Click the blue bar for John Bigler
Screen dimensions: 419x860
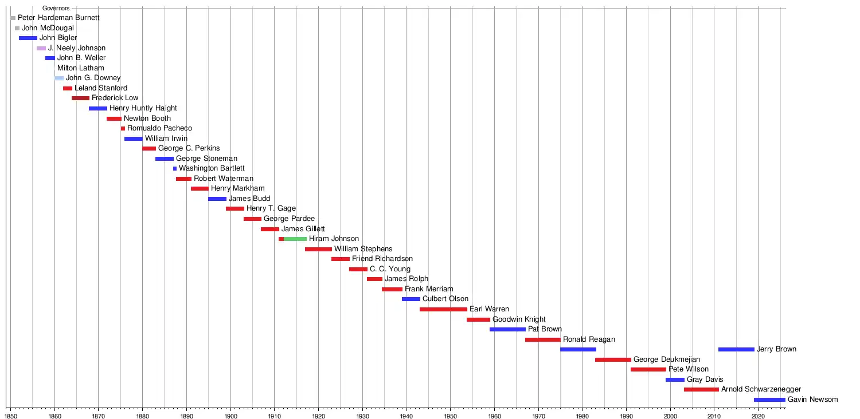point(28,38)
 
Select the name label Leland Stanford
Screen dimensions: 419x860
point(101,88)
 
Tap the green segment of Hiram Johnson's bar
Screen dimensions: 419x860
point(295,239)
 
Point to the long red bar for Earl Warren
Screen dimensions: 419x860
point(443,309)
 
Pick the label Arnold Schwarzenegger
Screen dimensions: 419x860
point(761,389)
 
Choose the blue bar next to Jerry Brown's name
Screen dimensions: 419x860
point(736,349)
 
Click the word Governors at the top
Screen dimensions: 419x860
point(56,9)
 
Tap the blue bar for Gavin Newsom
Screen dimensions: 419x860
point(769,400)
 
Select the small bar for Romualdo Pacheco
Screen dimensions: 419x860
point(123,129)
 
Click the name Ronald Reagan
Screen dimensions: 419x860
point(589,339)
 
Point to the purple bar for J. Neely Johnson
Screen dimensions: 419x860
point(41,49)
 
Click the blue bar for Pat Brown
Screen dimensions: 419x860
point(507,329)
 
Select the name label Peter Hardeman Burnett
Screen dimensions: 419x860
point(58,18)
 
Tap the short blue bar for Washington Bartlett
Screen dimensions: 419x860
point(175,169)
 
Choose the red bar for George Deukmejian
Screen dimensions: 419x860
point(613,359)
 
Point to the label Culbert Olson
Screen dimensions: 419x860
point(445,299)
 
